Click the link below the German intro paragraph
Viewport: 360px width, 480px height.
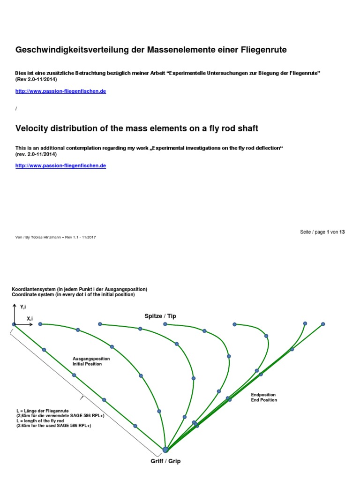(60, 91)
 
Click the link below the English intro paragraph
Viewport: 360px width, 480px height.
(60, 166)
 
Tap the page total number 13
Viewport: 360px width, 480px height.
(342, 232)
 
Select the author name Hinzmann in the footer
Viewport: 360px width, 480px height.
(55, 237)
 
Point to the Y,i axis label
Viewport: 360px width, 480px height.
(23, 307)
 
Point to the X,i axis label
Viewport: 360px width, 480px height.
(30, 318)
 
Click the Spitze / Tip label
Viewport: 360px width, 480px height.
(160, 316)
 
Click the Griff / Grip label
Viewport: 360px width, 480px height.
(165, 461)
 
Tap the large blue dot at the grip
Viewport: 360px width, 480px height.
(165, 450)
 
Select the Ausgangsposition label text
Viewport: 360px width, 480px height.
(91, 359)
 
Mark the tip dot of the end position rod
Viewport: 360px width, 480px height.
(323, 324)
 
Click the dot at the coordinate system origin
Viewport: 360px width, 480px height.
(14, 324)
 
